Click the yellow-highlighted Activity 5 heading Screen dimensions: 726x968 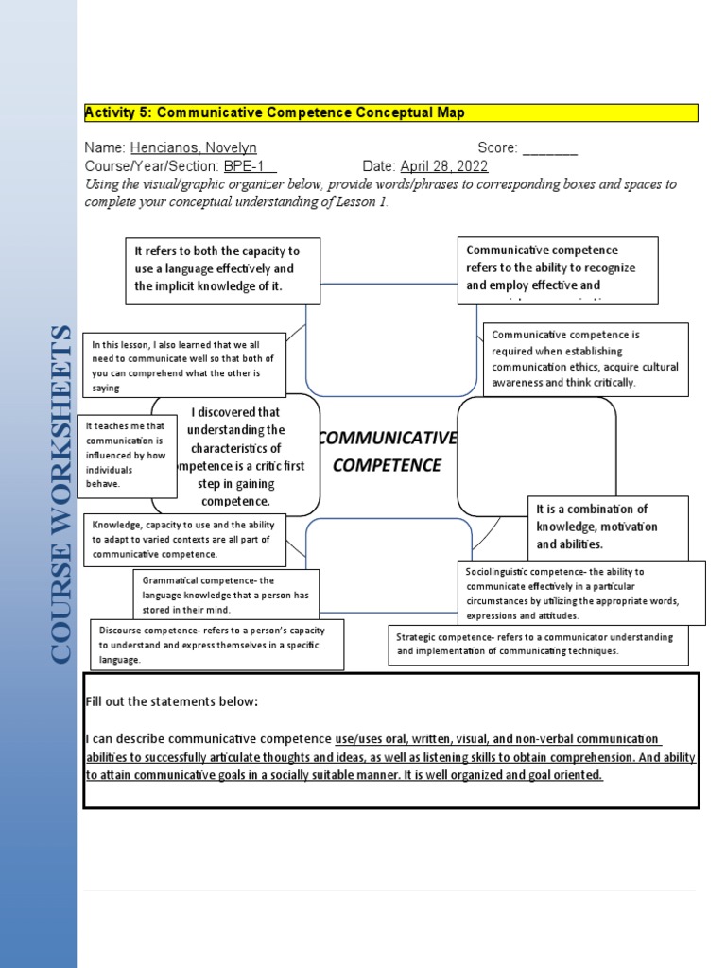275,113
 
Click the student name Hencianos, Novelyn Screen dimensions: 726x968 193,148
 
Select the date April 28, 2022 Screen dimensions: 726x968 443,166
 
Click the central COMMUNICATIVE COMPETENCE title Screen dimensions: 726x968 387,452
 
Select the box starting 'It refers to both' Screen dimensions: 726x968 222,269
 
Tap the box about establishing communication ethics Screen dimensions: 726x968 585,359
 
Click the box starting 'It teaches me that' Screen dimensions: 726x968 127,456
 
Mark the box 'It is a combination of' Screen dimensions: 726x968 607,527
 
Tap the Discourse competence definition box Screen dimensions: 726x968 216,645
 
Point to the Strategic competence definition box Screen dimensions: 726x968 538,644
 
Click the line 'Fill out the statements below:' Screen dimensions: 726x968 171,701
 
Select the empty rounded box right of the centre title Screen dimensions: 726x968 536,456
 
